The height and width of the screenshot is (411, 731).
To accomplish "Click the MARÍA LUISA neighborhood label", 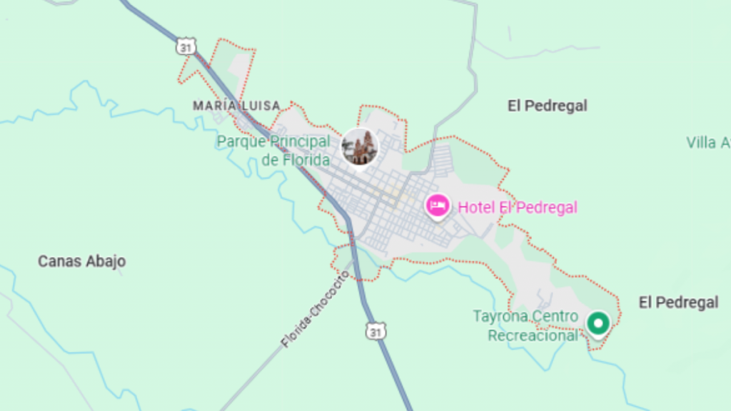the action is [x=236, y=106].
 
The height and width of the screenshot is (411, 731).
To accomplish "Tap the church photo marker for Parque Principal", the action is [x=359, y=147].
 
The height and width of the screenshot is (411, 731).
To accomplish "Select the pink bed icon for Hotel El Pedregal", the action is [x=436, y=206].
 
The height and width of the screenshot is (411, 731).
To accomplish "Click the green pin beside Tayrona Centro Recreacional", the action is [x=598, y=323].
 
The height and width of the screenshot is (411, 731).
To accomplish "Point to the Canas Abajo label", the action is [x=81, y=261].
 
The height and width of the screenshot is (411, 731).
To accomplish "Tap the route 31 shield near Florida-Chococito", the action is [x=375, y=331].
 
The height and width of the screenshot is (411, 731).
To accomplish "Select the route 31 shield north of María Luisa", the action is [x=186, y=46].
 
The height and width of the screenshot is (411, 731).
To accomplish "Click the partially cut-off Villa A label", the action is [x=707, y=143].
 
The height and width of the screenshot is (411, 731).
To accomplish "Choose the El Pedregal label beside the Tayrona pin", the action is [x=678, y=303].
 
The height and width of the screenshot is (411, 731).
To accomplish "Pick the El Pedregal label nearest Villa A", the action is [x=548, y=106].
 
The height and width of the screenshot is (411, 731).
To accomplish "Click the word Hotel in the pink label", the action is [x=475, y=208].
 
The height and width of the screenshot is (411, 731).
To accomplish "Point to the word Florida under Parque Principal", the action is [x=306, y=160].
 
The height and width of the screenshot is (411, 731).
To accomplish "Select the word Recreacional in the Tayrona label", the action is [x=533, y=335].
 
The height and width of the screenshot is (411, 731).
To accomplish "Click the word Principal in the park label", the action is [x=300, y=141].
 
